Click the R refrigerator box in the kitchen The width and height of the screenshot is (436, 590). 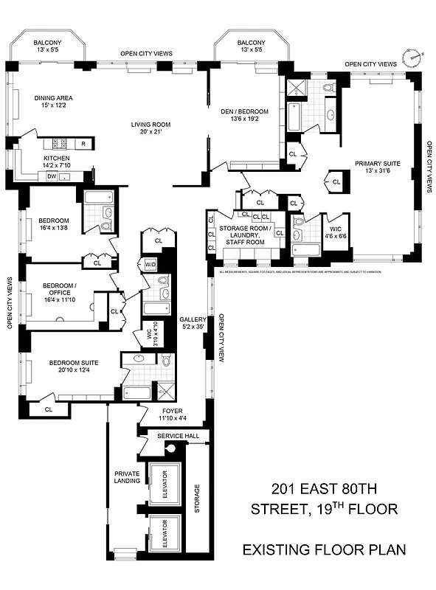83,143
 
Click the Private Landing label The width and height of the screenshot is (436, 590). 127,479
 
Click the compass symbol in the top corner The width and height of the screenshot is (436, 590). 414,55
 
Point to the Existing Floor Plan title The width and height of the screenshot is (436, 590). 325,550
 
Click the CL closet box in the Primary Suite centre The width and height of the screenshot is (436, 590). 336,181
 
